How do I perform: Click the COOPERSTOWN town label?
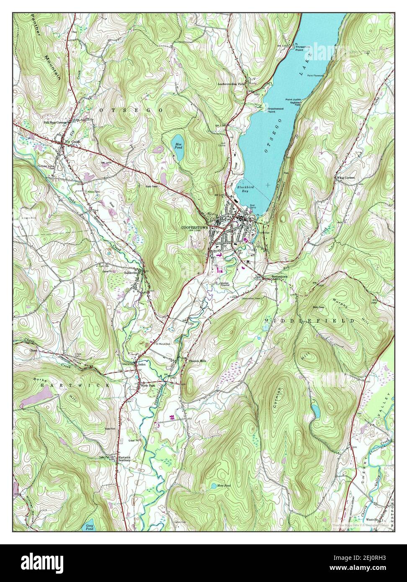coord(195,227)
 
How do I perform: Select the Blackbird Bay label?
coord(231,188)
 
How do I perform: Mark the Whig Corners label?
coord(345,178)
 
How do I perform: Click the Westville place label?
coord(372,519)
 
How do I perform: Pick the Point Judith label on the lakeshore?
coord(293,100)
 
